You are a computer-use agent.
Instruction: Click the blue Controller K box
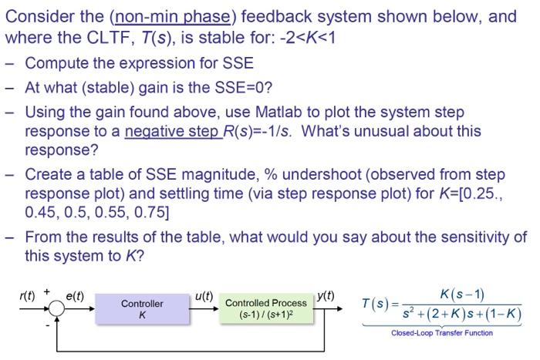(142, 309)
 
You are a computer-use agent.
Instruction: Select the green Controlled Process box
(266, 309)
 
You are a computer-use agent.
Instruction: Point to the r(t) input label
(29, 294)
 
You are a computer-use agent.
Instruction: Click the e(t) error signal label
(75, 294)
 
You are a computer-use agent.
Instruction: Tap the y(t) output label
(326, 294)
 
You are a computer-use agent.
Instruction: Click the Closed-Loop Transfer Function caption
(442, 333)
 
